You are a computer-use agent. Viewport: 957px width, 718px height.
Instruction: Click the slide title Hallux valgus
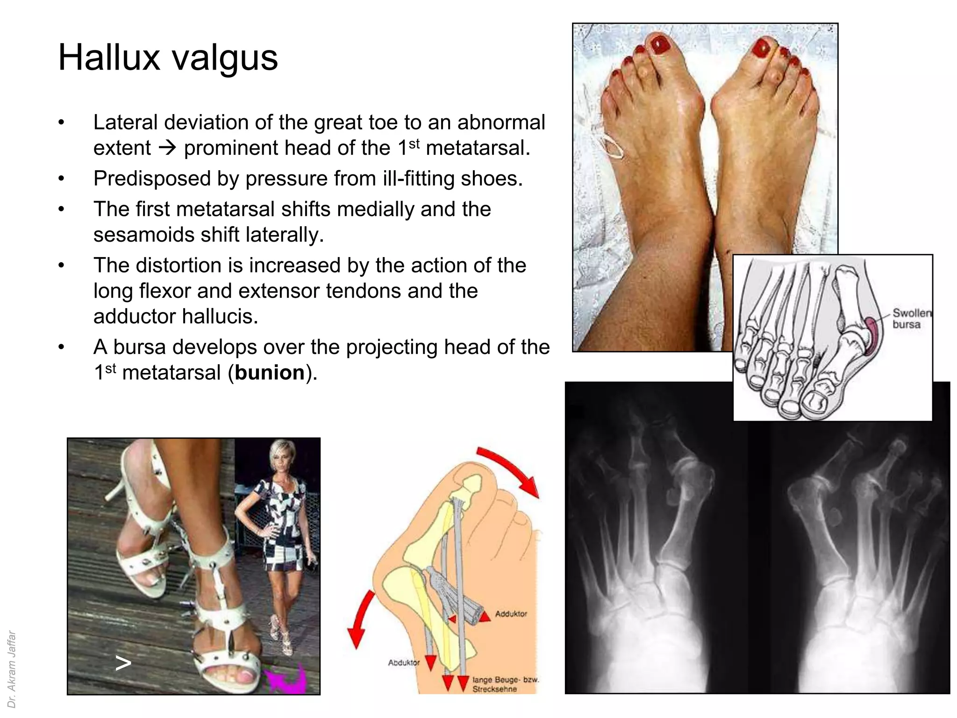168,57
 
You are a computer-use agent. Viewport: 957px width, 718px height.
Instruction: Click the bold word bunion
270,373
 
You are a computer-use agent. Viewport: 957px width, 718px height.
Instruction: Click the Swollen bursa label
911,319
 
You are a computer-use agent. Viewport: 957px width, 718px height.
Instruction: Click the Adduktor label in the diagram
511,614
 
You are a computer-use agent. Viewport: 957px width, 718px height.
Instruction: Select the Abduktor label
404,662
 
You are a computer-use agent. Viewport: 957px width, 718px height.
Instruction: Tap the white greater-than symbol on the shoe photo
123,663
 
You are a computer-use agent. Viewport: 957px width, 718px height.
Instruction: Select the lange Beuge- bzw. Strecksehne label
505,684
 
